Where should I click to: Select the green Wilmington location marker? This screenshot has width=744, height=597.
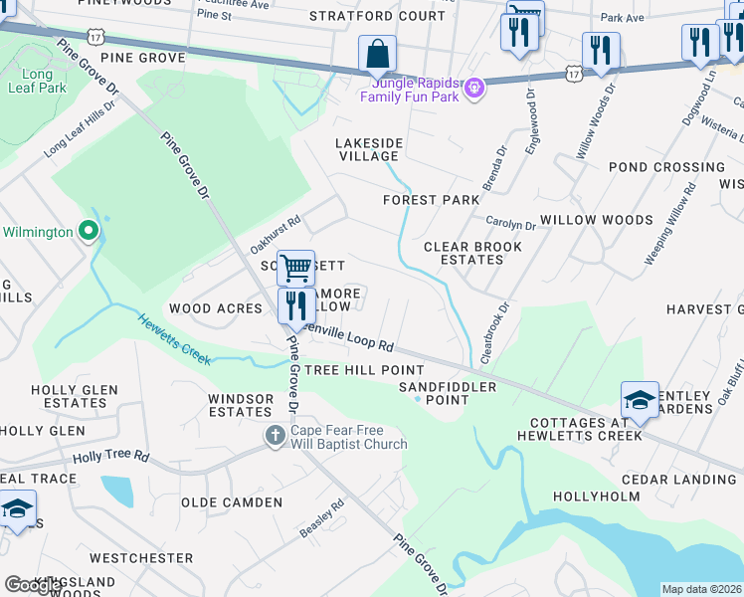89,232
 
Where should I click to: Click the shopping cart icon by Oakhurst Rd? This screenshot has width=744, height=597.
295,268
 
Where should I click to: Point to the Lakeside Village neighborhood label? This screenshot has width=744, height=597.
368,149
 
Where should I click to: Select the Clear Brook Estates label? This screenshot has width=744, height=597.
463,253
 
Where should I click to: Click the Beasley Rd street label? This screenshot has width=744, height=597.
321,518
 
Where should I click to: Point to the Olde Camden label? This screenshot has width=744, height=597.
232,502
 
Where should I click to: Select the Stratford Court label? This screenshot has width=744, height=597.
377,16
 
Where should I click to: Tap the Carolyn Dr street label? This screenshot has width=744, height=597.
510,224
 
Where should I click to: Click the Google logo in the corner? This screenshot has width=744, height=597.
34,585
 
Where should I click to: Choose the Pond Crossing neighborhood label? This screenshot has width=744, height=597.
666,167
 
